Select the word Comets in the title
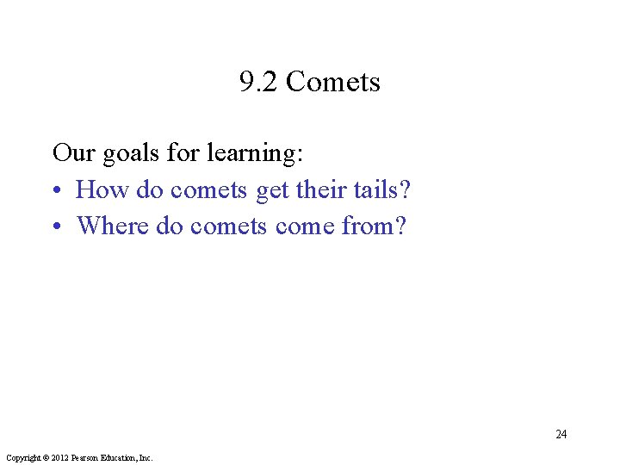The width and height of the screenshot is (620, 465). (x=332, y=83)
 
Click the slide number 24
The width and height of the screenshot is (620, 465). (x=561, y=434)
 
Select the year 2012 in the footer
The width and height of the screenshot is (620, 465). (x=59, y=458)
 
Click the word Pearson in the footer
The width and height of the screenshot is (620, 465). (x=86, y=458)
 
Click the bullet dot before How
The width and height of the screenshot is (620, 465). (x=58, y=190)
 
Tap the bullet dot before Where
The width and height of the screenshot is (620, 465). (x=58, y=226)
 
